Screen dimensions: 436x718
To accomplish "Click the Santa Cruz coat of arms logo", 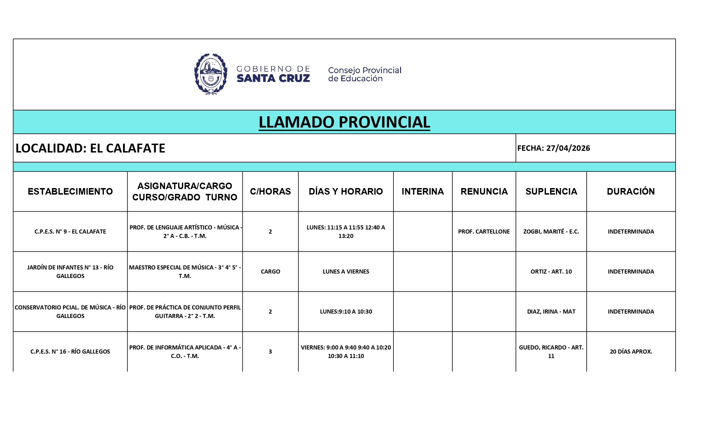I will tap(211, 74).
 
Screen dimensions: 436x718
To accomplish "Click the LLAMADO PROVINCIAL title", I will tap(344, 122).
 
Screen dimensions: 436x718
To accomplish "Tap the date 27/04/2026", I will tap(568, 148).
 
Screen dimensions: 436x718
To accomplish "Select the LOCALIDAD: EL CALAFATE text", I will tap(90, 148).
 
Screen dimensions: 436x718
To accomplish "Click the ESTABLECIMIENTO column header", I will tap(70, 191).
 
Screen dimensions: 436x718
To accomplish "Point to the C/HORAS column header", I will tap(270, 191).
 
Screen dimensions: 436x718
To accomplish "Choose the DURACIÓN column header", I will tap(630, 191).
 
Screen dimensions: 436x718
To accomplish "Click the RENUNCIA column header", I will tap(484, 191).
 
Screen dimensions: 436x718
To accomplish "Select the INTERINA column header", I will tap(423, 191).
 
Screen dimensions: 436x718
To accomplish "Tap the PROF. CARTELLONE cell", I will tap(484, 232).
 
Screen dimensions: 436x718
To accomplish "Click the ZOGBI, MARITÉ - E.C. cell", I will tap(551, 232).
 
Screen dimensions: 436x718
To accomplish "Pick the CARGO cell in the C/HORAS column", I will tap(270, 272).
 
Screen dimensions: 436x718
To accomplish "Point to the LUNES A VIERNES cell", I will tap(346, 272).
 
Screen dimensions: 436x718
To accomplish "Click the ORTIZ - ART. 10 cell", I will tap(551, 272).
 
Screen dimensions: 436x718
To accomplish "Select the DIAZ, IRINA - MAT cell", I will tap(551, 312).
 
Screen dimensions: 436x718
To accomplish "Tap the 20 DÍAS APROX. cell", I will tap(630, 352).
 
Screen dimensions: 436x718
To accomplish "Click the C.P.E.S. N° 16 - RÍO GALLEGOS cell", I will tap(70, 352).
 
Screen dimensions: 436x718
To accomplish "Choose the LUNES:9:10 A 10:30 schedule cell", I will tap(346, 312).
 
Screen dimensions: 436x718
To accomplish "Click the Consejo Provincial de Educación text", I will tap(364, 74).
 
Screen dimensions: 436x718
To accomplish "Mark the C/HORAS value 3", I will tap(270, 352).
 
